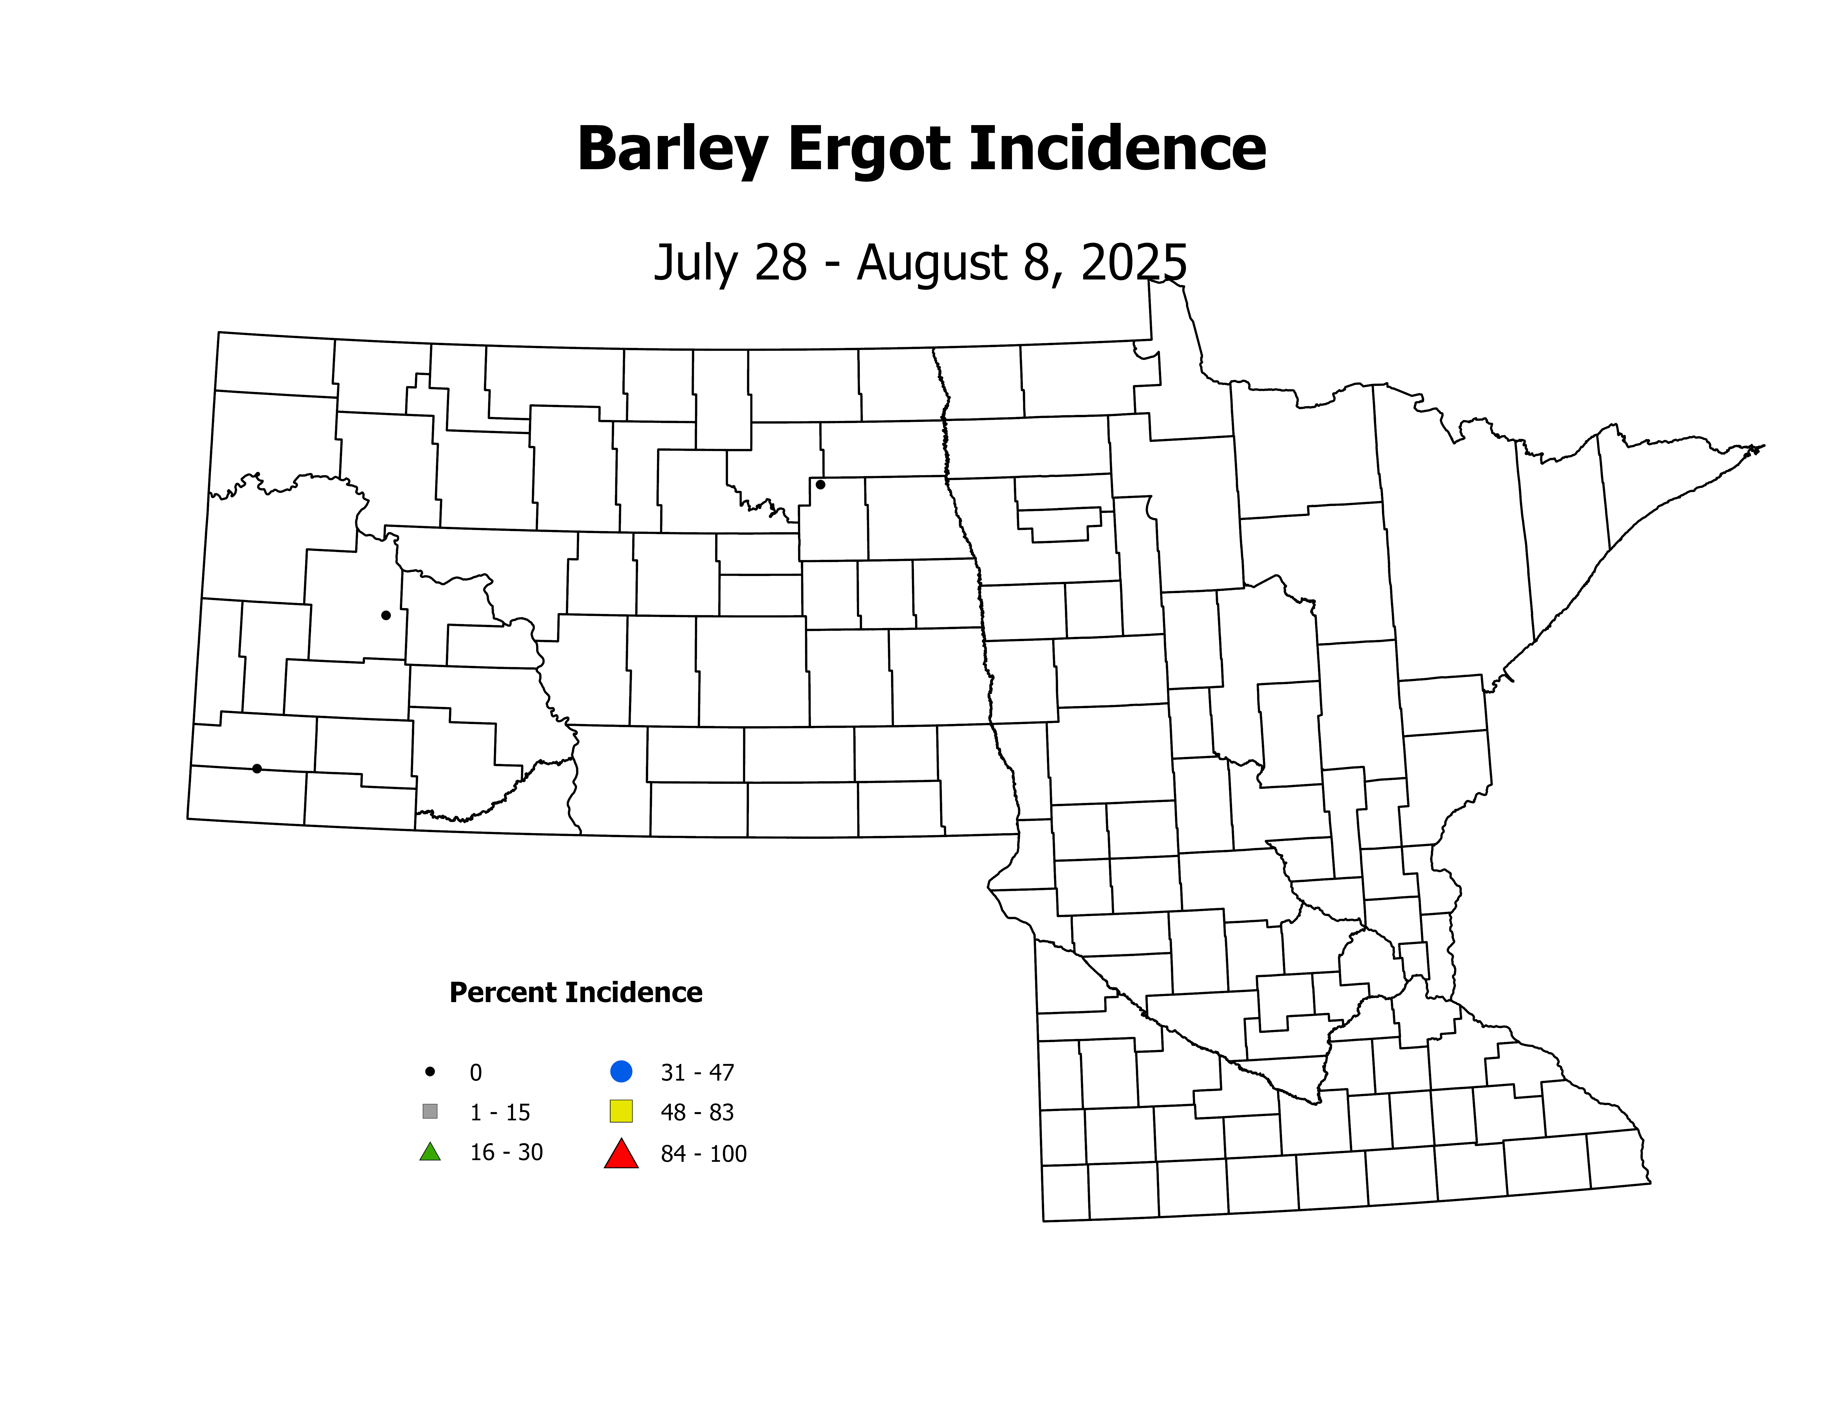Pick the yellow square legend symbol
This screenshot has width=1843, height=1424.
coord(621,1111)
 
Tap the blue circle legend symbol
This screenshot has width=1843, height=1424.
coord(621,1071)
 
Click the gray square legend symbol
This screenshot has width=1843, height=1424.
coord(429,1111)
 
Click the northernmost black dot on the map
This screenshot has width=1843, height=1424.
coord(820,484)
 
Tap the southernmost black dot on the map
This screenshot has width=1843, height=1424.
coord(257,768)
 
